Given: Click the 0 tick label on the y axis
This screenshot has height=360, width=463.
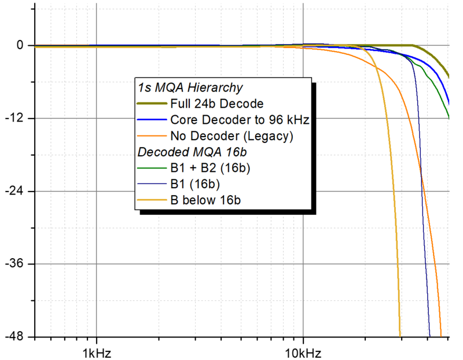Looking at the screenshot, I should [x=20, y=45].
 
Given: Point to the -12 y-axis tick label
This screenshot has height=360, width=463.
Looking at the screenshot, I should [x=16, y=118].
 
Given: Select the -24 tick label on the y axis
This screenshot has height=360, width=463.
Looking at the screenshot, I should [x=16, y=191].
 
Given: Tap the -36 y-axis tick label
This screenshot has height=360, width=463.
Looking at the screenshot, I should [x=16, y=264].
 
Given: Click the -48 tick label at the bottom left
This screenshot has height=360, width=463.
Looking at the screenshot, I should [x=16, y=337].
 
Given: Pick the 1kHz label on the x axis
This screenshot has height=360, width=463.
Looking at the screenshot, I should [x=96, y=352].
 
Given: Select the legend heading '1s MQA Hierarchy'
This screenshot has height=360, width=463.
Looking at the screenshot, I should [x=189, y=88].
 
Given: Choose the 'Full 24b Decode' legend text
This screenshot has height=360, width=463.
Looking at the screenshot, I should [x=217, y=104].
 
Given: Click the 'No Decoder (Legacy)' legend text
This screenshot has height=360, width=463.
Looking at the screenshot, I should [x=232, y=137].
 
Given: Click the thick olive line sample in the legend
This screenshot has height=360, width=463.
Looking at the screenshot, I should [x=152, y=104].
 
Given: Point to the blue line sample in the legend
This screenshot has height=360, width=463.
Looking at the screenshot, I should [x=152, y=120].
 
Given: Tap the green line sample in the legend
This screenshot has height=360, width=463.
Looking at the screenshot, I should [x=152, y=169].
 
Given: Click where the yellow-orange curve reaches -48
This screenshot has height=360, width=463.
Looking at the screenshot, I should [x=400, y=336].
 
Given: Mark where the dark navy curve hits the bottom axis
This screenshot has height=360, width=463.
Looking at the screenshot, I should [x=429, y=336].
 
